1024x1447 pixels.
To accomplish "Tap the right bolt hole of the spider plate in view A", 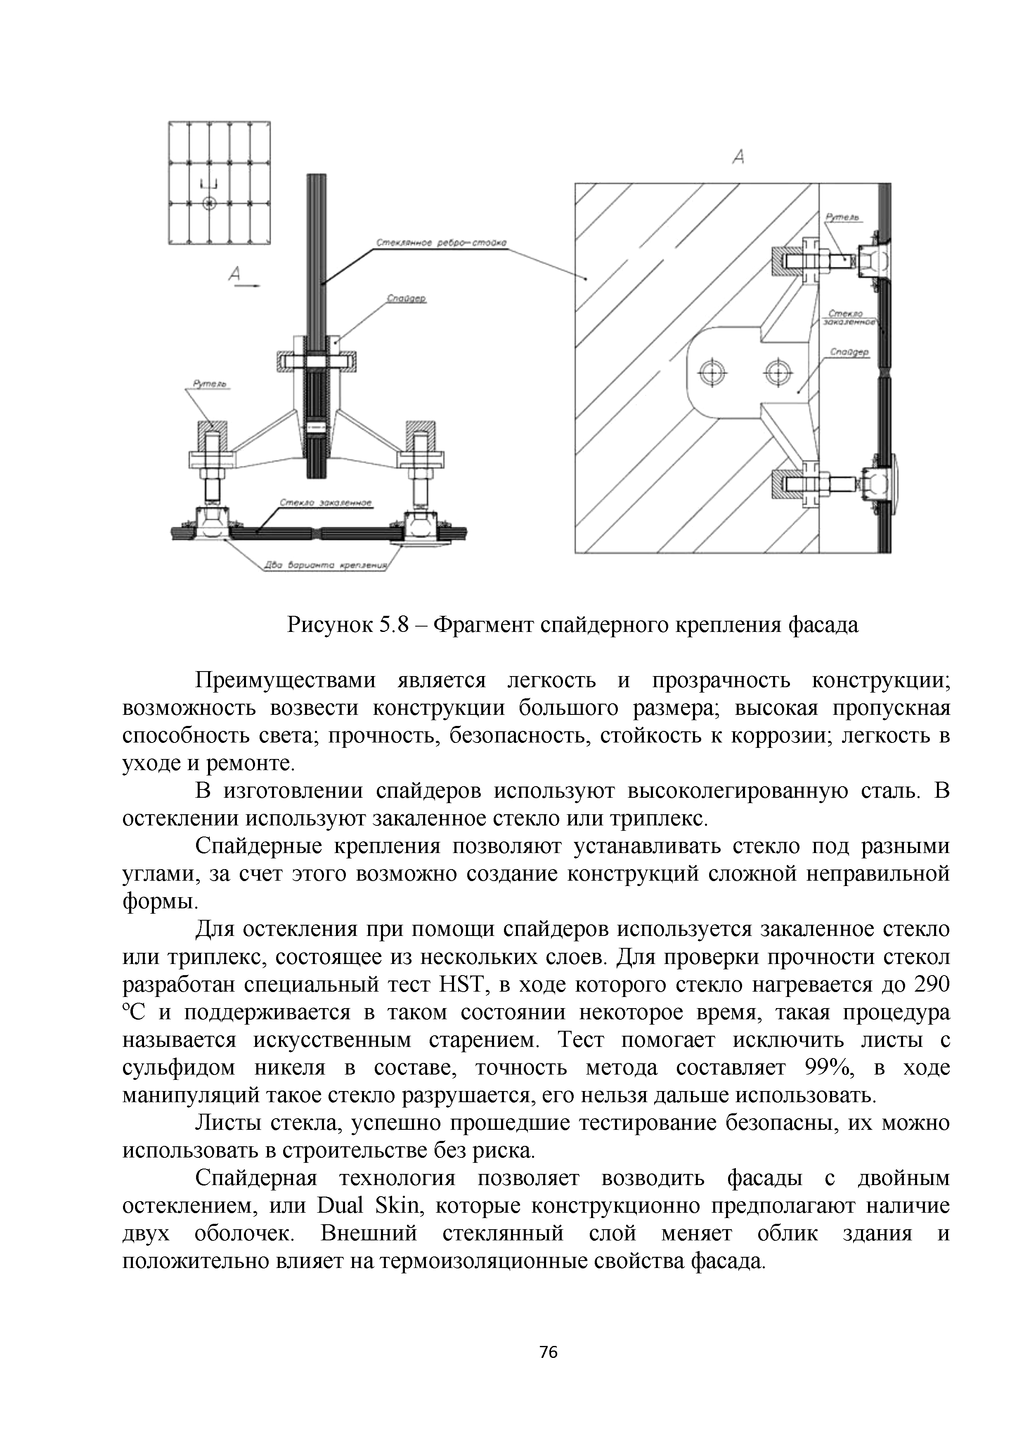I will (x=778, y=372).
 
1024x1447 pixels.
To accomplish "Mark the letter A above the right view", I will (x=739, y=156).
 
